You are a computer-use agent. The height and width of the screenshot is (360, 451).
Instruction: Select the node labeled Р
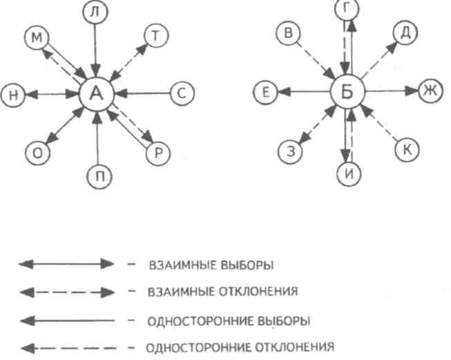click(x=157, y=153)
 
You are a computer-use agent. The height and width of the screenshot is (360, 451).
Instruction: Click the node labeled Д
click(x=405, y=31)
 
